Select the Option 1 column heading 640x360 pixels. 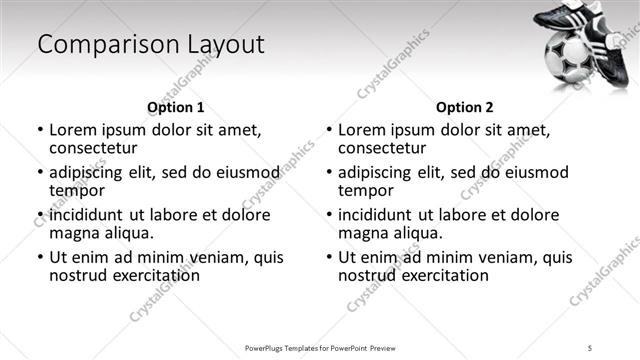coord(175,107)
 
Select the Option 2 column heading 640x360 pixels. coord(465,107)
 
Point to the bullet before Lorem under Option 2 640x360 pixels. coord(328,130)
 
